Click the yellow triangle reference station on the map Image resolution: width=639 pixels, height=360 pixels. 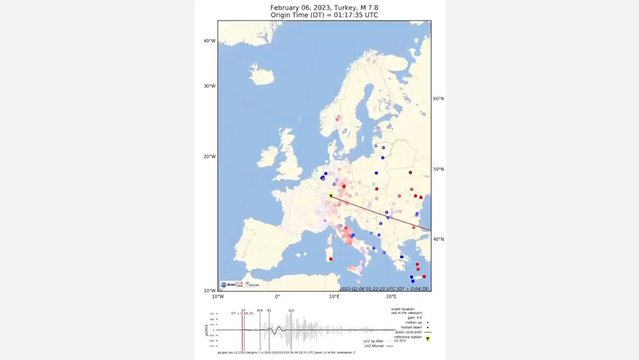[330, 196]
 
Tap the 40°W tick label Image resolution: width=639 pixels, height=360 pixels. [209, 41]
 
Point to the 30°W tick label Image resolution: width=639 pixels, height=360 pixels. [209, 86]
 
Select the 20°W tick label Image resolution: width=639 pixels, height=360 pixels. [209, 156]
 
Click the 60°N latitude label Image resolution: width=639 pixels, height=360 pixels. [438, 99]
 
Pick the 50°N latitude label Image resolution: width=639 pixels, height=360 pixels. [438, 170]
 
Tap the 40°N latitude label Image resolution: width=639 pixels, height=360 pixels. [438, 239]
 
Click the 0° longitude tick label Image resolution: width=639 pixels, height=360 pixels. [277, 297]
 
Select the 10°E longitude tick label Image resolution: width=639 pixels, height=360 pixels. [334, 297]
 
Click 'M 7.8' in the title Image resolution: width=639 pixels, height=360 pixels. [366, 8]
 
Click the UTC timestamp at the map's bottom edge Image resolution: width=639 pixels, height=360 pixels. [385, 288]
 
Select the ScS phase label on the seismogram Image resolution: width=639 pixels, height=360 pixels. [291, 311]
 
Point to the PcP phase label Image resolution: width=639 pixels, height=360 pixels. [260, 311]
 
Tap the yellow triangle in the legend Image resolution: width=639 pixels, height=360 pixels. [428, 339]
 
